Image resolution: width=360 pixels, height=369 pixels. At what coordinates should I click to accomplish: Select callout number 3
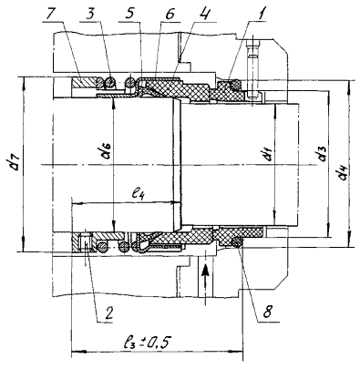90,12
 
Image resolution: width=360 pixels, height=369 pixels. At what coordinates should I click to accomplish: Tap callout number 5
129,12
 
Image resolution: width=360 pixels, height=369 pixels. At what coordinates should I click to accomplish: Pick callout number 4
207,12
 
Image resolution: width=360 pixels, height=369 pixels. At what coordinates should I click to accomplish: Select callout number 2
108,312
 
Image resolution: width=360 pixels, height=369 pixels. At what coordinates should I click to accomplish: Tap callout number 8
268,311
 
